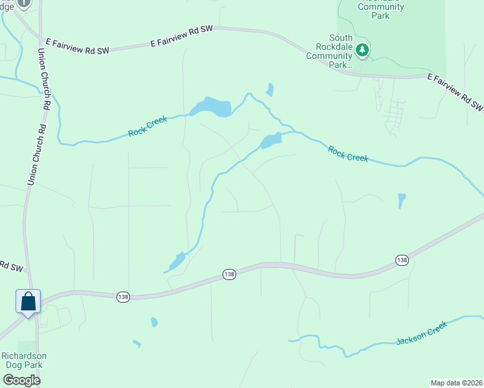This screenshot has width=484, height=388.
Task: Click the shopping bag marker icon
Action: click(x=28, y=301)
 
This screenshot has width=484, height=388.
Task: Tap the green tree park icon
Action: click(x=363, y=50)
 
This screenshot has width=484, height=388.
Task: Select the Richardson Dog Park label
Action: click(x=24, y=360)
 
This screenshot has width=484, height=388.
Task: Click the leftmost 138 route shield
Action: click(x=124, y=296)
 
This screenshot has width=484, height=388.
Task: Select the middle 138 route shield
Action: click(x=229, y=274)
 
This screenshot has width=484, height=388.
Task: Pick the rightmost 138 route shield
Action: click(x=402, y=259)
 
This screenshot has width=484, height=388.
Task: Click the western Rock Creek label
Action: click(x=148, y=126)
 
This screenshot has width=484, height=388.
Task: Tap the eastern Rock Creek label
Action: click(x=347, y=154)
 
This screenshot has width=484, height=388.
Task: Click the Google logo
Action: click(x=21, y=380)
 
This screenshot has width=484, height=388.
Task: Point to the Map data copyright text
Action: click(x=456, y=382)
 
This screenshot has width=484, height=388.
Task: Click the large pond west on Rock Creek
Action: click(x=212, y=107)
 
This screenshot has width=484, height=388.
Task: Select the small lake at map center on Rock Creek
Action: click(x=270, y=140)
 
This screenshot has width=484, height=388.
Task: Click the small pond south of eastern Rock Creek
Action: click(x=402, y=200)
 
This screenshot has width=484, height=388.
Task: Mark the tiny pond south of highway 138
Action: click(x=154, y=321)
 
